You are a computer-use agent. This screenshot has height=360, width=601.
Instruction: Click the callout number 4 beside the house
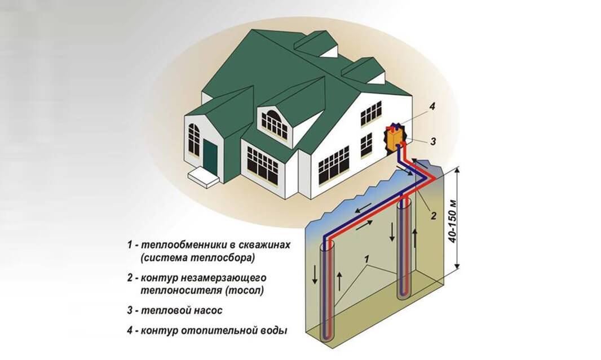click(x=432, y=106)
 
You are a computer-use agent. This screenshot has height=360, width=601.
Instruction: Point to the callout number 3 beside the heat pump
click(x=433, y=141)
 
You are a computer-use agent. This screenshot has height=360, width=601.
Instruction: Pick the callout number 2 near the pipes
click(x=434, y=216)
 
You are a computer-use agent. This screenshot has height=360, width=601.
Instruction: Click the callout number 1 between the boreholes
click(x=367, y=259)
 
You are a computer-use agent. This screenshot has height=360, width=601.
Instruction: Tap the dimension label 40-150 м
click(x=453, y=221)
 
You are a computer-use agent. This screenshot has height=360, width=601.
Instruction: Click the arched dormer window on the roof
click(x=274, y=124)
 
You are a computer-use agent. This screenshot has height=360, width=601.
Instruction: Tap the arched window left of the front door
click(x=194, y=139)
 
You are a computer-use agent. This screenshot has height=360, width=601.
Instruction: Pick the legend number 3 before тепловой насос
click(x=130, y=310)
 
